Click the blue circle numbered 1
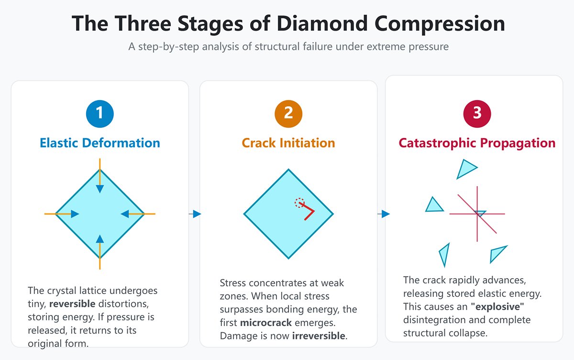pos(99,113)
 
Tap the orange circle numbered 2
pos(288,113)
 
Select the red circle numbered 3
pos(477,113)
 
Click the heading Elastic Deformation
pos(99,143)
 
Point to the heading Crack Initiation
pos(288,143)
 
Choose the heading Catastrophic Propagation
pos(477,143)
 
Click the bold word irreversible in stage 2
pos(319,336)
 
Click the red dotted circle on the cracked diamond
pos(299,202)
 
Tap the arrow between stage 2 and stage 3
pos(384,214)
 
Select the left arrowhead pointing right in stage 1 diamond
pos(74,214)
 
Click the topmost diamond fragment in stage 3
pos(466,168)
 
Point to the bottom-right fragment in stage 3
pos(498,253)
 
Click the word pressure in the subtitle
pos(430,47)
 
